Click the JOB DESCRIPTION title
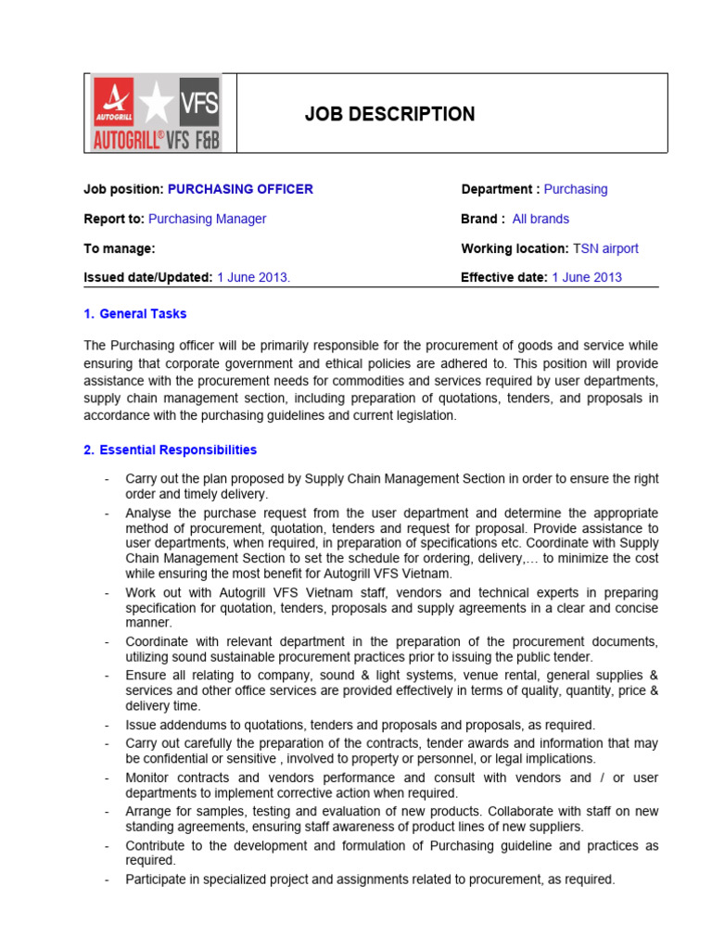tap(389, 114)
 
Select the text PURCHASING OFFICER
tap(240, 189)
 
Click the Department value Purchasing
tap(576, 189)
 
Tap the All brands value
tap(540, 219)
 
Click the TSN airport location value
tap(605, 248)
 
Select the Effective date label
tap(503, 277)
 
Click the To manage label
tap(120, 248)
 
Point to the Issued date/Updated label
tap(148, 277)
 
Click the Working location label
tap(515, 248)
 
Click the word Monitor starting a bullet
tap(149, 778)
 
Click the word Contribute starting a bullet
tap(156, 846)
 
